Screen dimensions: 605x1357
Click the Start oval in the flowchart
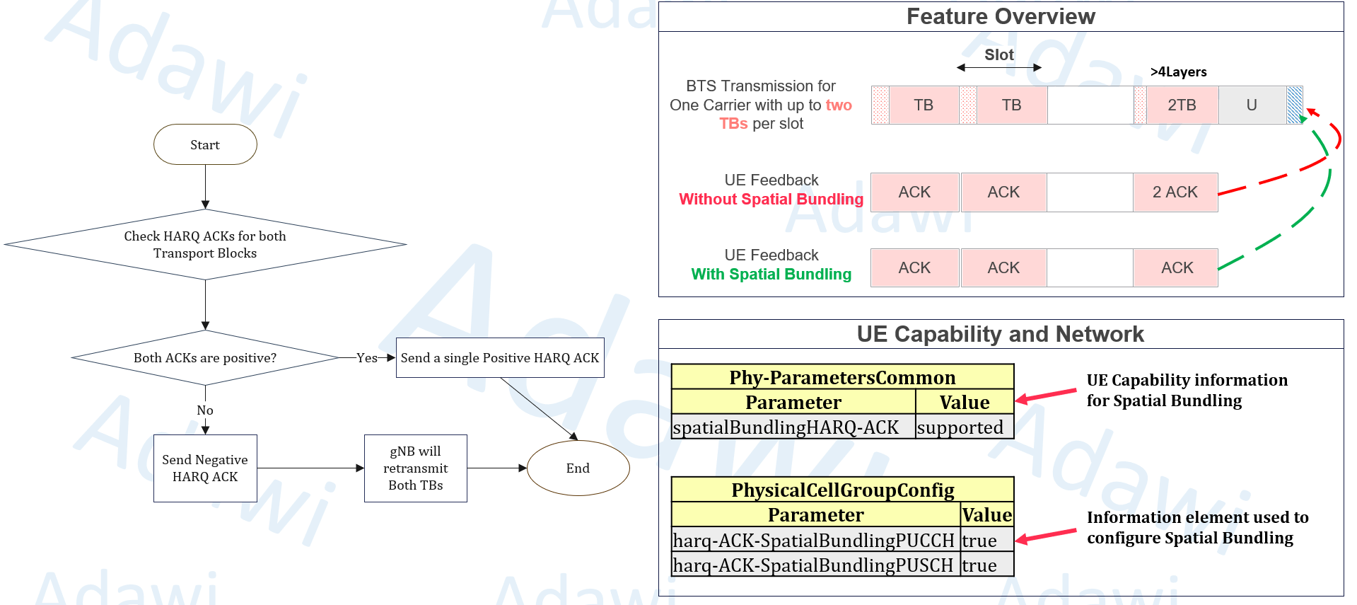(205, 144)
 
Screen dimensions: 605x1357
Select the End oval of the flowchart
(578, 468)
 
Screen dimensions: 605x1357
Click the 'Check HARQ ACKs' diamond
(205, 244)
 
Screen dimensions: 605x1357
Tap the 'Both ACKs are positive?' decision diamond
(205, 357)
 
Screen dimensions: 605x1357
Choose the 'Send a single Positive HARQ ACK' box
(500, 357)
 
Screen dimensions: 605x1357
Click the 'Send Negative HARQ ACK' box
(205, 468)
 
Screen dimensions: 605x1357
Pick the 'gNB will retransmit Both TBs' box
(415, 468)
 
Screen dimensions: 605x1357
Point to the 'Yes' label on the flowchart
(367, 357)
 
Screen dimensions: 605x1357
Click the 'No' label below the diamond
(205, 410)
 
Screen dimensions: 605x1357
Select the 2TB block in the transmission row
(1182, 105)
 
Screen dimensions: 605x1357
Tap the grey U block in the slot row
(1252, 105)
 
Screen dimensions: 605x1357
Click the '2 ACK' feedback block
(1175, 192)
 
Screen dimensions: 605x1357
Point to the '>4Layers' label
(1178, 71)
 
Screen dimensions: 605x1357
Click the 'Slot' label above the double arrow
(998, 54)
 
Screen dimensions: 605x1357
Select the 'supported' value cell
(964, 427)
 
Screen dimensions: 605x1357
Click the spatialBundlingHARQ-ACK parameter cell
(793, 427)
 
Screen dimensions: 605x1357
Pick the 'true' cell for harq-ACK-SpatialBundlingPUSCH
(986, 565)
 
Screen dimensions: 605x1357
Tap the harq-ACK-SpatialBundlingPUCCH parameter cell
(815, 540)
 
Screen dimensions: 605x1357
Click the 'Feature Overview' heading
(1001, 16)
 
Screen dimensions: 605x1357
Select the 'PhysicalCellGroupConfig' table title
(842, 490)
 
